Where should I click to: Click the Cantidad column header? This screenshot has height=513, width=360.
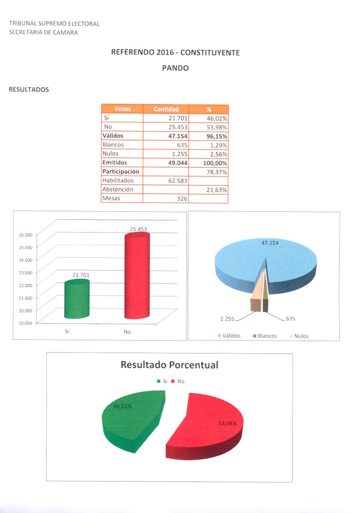click(x=166, y=109)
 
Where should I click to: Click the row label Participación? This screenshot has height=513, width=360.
click(x=121, y=171)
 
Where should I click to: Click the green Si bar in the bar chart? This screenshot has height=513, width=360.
click(x=77, y=299)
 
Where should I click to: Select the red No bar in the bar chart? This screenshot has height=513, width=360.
click(x=137, y=280)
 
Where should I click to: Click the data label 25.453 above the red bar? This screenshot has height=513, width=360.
click(x=138, y=229)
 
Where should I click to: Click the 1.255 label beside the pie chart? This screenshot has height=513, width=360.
click(x=227, y=319)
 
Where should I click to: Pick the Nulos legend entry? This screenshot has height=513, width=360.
click(x=298, y=336)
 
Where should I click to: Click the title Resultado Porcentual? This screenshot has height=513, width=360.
click(x=169, y=365)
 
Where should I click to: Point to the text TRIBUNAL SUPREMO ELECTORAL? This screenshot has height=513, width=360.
click(x=54, y=24)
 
